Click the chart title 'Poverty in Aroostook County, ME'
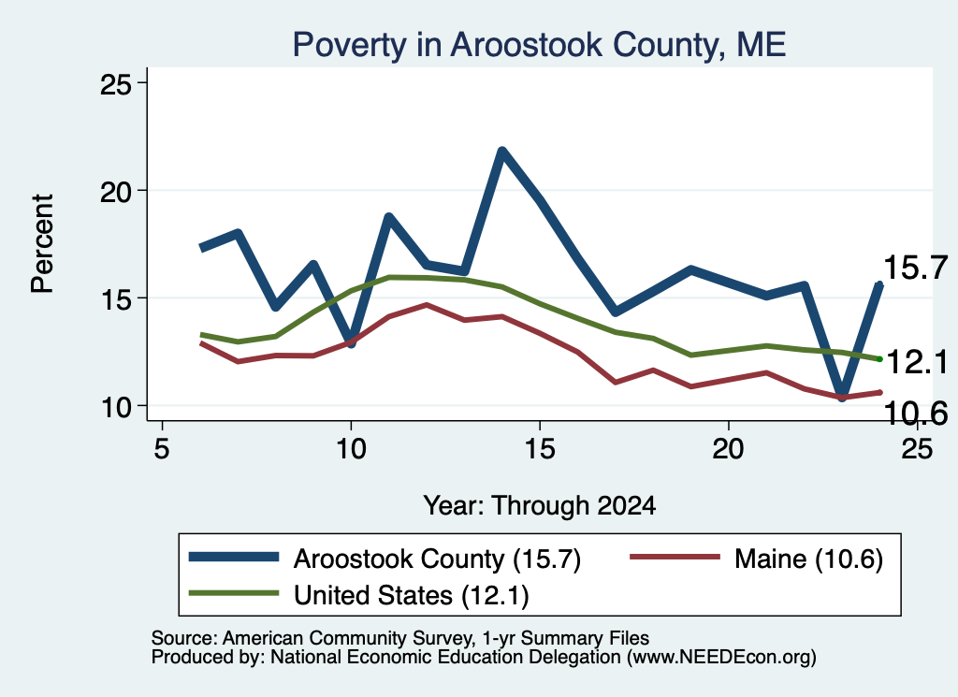coord(539,45)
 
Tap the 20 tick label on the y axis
coord(115,191)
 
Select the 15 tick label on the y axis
coord(115,298)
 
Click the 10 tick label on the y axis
coord(115,406)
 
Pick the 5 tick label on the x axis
coord(161,448)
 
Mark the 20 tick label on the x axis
coord(728,448)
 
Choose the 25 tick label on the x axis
coord(917,448)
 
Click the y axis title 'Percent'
coord(42,244)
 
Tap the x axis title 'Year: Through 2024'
coord(540,506)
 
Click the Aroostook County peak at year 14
coord(501,151)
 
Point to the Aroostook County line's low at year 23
coord(842,397)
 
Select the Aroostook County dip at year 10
coord(350,343)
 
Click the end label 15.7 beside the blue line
coord(915,268)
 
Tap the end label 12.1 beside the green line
coord(917,362)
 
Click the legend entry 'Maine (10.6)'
coord(808,559)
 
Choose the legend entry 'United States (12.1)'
coord(412,594)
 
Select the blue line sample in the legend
coord(234,557)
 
